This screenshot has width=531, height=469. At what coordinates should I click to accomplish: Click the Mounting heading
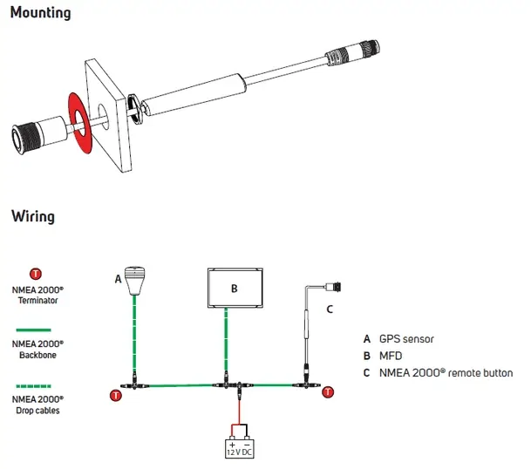[40, 13]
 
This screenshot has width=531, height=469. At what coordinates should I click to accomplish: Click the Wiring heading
[33, 216]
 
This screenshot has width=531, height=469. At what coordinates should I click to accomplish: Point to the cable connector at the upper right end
[352, 52]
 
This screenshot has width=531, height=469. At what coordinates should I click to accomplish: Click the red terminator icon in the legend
[36, 274]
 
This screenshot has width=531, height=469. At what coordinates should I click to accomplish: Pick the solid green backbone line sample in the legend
[33, 330]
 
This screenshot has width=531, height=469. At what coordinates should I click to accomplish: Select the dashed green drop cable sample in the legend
[33, 386]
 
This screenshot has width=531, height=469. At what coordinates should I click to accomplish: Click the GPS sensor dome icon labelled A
[134, 281]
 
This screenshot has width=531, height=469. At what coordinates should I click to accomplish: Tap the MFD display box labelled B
[235, 288]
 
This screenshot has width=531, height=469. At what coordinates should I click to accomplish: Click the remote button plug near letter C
[334, 287]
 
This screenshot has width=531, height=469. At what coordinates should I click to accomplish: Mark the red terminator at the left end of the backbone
[116, 395]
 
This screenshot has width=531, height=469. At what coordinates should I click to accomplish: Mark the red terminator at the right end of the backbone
[328, 392]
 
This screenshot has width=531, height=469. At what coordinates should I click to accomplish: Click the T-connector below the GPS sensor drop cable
[134, 384]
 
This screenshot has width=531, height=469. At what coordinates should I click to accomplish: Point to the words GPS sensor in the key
[406, 339]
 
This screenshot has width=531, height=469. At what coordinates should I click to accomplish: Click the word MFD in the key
[391, 356]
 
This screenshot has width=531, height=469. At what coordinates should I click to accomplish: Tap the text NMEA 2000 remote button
[446, 373]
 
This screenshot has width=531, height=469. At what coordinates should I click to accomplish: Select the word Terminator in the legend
[38, 301]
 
